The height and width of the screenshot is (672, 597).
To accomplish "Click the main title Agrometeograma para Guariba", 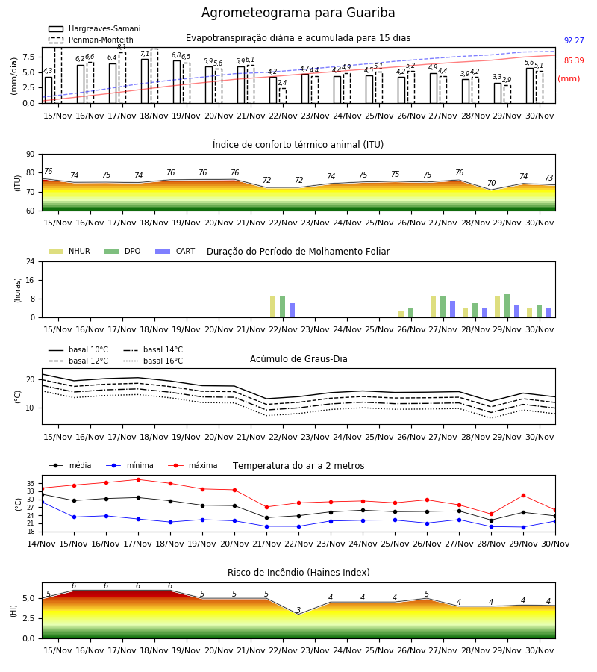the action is (x=298, y=13).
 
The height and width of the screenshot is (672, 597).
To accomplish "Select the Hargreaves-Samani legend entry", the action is (x=94, y=28).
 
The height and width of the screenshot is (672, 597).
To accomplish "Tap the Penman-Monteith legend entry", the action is (x=91, y=40).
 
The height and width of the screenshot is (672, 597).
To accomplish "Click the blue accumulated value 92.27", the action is (x=574, y=41).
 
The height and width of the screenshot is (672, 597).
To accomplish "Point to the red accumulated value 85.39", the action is (x=574, y=61).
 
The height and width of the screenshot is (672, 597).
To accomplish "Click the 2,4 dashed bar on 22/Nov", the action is (x=283, y=96).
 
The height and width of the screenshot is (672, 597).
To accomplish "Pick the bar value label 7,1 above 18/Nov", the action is (x=145, y=54).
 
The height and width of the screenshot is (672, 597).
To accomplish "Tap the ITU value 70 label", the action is (x=491, y=183).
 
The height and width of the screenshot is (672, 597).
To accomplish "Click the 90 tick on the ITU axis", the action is (x=31, y=155).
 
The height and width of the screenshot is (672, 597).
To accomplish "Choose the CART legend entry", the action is (x=175, y=251).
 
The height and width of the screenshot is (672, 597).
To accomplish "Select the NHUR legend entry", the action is (x=69, y=251).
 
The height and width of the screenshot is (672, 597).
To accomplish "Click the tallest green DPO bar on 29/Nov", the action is (x=507, y=306).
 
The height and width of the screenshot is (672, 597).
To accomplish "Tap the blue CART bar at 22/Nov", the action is (x=292, y=311).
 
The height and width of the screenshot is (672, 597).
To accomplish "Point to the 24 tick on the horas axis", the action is (x=31, y=261).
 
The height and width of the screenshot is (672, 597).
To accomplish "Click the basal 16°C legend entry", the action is (x=152, y=361).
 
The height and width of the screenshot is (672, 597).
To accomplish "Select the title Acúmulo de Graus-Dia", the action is (x=298, y=358).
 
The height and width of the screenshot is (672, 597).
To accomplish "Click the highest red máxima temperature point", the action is (x=138, y=479).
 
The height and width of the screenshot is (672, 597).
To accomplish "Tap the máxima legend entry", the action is (x=193, y=465).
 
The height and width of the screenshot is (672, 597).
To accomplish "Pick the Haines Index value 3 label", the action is (x=298, y=610).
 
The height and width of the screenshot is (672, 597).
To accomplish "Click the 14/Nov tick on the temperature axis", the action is (x=42, y=544).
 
